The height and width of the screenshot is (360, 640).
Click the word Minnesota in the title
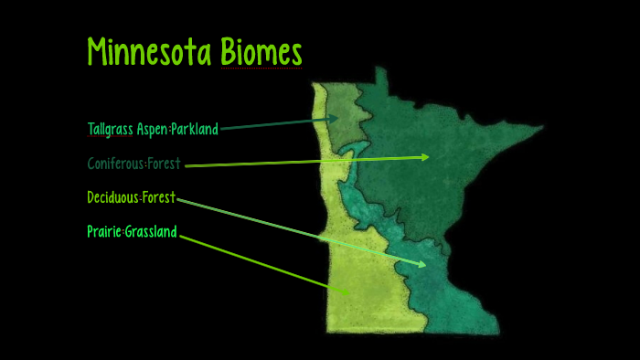150,53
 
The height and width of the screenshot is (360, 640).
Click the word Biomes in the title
261,53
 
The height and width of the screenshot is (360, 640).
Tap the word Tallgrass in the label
111,130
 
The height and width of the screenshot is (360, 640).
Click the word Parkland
195,130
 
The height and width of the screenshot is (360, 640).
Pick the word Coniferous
116,164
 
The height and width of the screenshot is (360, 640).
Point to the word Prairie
104,231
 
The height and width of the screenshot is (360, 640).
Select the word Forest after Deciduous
159,197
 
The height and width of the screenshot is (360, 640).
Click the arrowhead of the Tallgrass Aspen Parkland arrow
336,118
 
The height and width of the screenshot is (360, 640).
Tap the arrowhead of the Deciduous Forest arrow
421,265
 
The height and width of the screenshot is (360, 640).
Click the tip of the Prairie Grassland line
348,293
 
